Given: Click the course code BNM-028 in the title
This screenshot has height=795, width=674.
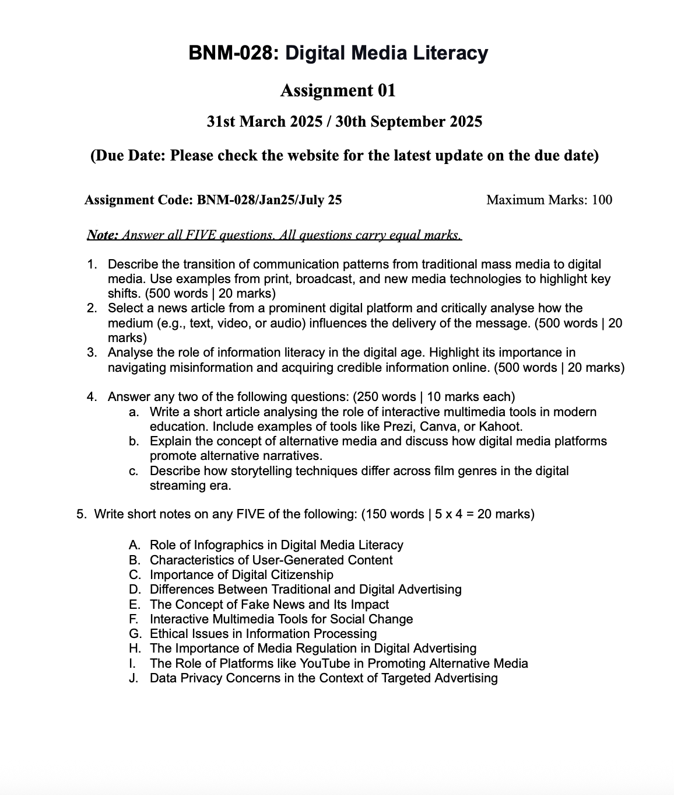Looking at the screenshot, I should (229, 53).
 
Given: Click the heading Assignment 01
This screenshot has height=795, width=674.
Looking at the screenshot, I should (338, 90).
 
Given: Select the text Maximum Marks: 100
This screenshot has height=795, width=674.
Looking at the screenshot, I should (549, 200).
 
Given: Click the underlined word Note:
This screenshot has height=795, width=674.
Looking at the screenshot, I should (103, 235).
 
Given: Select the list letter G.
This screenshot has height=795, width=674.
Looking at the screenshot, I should (134, 633).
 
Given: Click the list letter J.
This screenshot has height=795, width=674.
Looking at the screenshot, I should (134, 678).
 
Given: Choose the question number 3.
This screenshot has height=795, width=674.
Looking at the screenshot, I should (92, 353).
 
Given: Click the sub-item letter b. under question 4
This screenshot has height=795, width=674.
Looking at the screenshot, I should (134, 441).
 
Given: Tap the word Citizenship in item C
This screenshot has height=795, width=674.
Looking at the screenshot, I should (296, 574).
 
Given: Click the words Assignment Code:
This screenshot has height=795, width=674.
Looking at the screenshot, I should (139, 200).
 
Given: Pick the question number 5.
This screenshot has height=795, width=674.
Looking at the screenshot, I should (81, 514).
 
